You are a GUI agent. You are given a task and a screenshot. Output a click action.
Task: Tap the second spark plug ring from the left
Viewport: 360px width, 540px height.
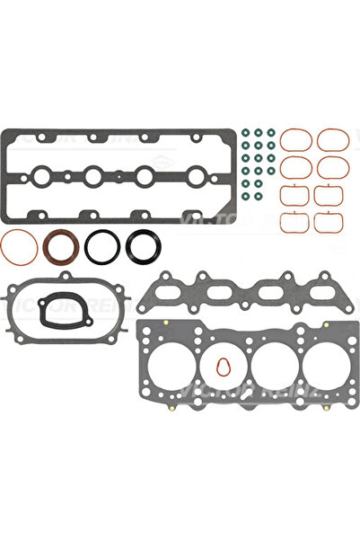pyautogui.click(x=92, y=176)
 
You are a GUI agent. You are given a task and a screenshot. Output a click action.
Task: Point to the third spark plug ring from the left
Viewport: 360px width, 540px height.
pyautogui.click(x=140, y=176)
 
